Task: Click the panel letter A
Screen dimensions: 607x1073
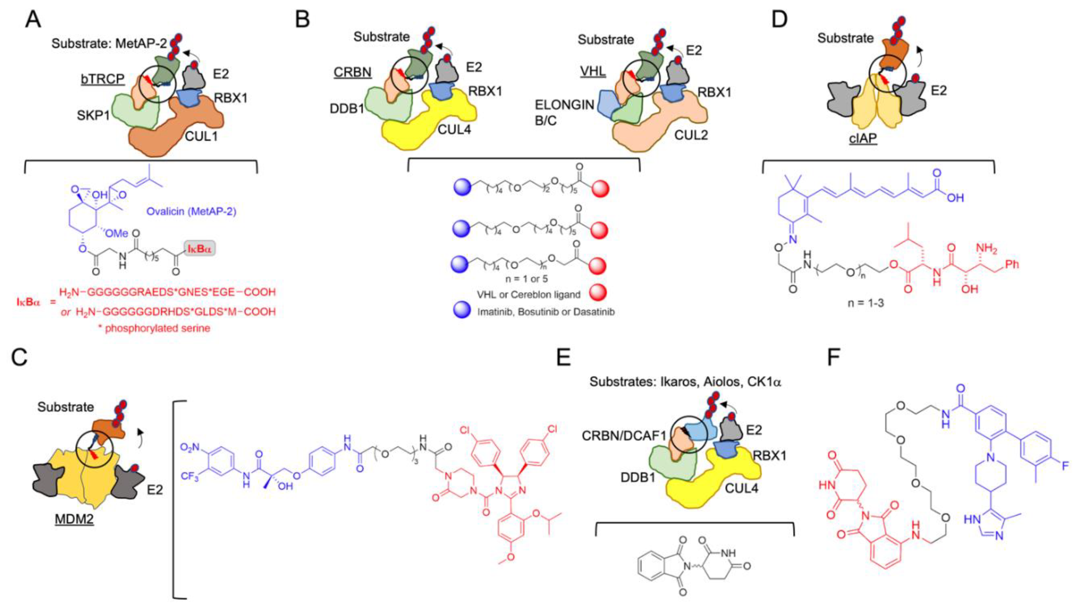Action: coord(33,19)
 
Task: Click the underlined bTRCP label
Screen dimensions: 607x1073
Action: coord(103,78)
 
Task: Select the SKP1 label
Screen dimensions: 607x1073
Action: coord(93,115)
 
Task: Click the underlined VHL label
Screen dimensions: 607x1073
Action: coord(593,71)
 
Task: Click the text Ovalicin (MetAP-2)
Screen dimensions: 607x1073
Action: coord(191,212)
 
